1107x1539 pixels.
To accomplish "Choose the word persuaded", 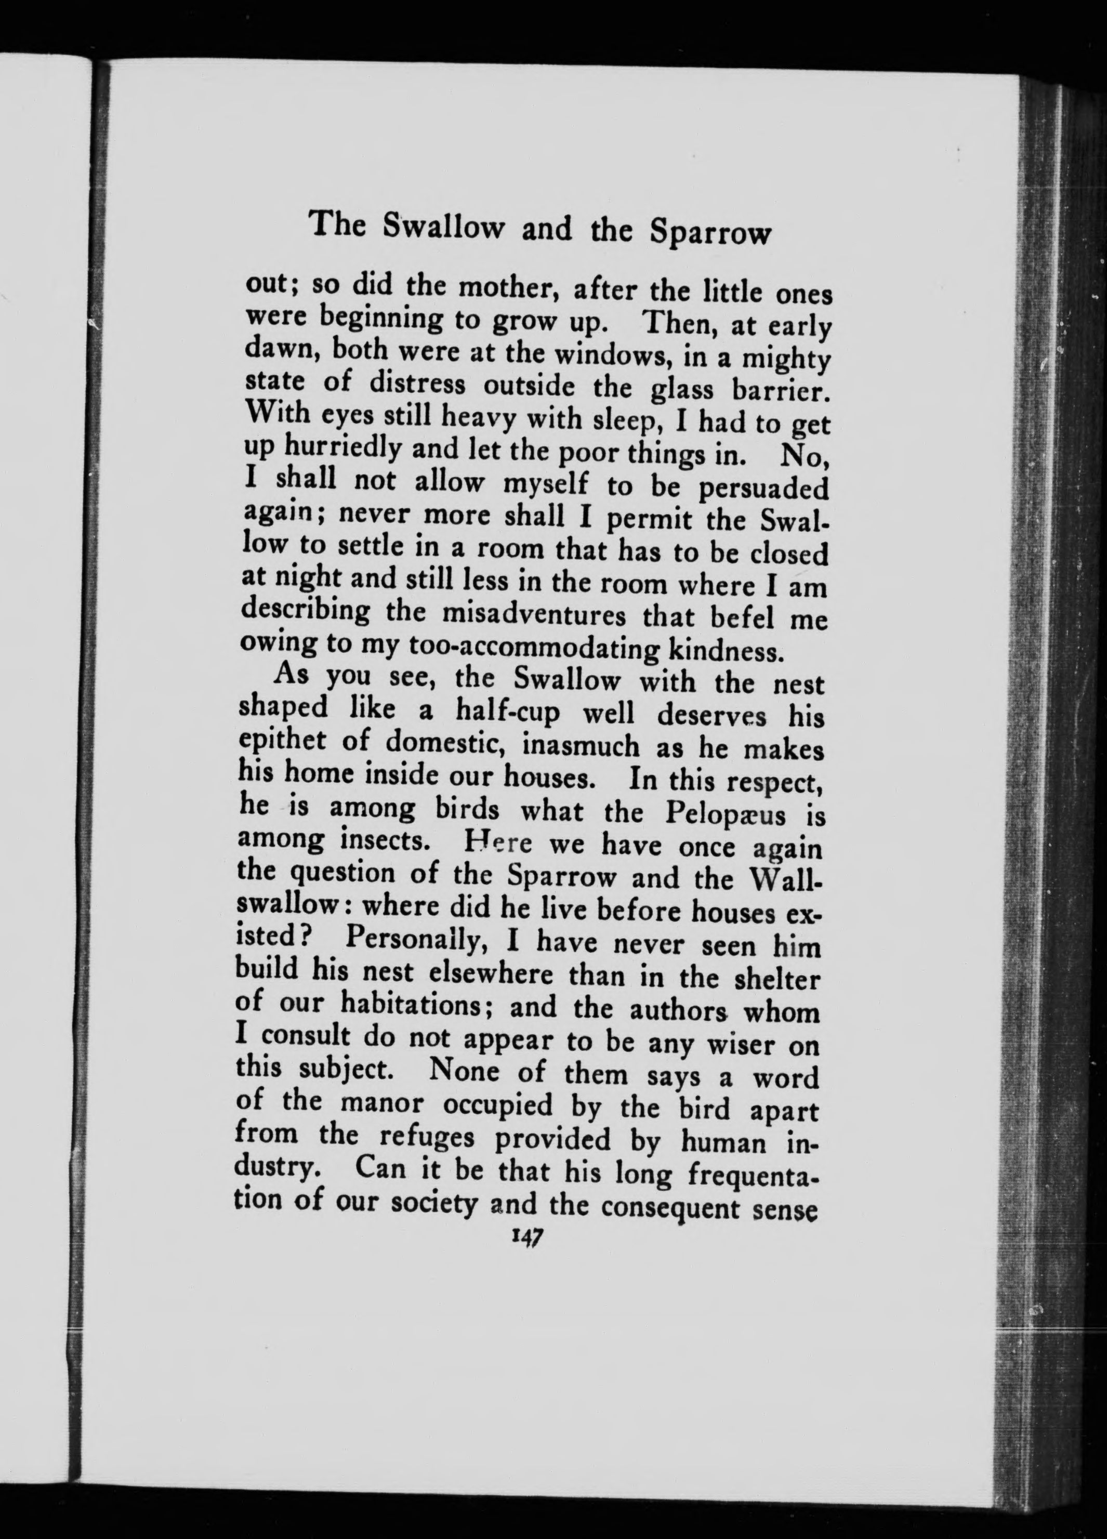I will tap(763, 488).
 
